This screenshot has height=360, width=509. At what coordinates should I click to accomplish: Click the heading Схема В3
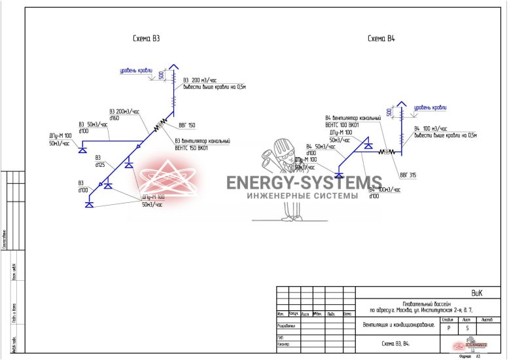(x=146, y=39)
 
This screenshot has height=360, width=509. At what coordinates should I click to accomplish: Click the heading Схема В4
(x=381, y=39)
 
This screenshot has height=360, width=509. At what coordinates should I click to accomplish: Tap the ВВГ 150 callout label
(x=187, y=124)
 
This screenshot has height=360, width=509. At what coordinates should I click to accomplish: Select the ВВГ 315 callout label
(x=408, y=175)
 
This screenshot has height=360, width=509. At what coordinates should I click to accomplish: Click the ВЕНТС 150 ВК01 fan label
(x=191, y=148)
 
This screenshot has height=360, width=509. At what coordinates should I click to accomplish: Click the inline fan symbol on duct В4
(x=387, y=151)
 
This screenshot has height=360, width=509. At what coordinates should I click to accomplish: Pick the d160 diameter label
(x=114, y=118)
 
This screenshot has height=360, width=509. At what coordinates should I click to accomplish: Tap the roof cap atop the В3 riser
(x=174, y=67)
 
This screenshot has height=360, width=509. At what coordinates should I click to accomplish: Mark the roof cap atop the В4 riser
(x=398, y=105)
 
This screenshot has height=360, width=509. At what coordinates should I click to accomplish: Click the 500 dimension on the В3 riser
(x=162, y=76)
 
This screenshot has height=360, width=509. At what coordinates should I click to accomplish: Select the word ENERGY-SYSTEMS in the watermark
(x=304, y=182)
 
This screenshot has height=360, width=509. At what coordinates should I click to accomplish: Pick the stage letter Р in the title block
(x=448, y=327)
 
